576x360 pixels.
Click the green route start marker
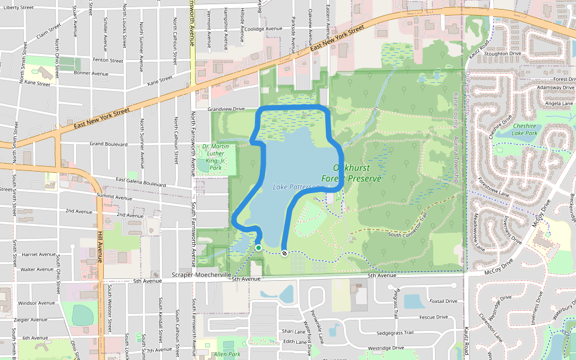pyautogui.click(x=258, y=247)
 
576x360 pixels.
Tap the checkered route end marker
pyautogui.click(x=284, y=253)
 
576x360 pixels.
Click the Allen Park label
pyautogui.click(x=227, y=355)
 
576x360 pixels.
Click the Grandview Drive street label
pyautogui.click(x=226, y=109)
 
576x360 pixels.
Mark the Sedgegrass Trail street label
pyautogui.click(x=395, y=332)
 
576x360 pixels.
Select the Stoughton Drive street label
pyautogui.click(x=502, y=53)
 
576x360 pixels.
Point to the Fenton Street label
pyautogui.click(x=108, y=61)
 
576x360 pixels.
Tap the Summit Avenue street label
pyautogui.click(x=115, y=197)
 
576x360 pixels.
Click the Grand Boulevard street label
pyautogui.click(x=109, y=144)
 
